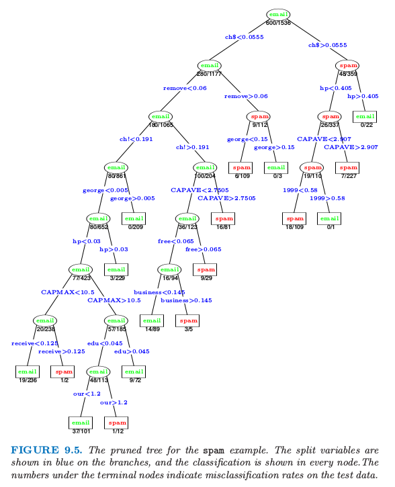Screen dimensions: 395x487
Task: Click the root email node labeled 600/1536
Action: click(278, 15)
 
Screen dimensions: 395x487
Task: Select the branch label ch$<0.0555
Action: click(245, 37)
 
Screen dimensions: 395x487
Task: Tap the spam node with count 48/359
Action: click(347, 66)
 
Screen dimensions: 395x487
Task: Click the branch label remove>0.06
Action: click(246, 96)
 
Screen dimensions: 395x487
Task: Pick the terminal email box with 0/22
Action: click(365, 117)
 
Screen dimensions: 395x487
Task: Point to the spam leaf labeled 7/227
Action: click(347, 168)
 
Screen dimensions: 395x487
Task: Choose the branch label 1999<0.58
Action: click(300, 190)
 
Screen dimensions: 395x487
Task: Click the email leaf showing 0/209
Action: click(134, 219)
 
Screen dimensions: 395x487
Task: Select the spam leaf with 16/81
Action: click(222, 219)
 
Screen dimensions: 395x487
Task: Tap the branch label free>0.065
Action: click(204, 249)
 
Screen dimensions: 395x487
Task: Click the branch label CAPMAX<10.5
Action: click(68, 292)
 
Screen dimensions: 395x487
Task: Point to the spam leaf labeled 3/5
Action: click(187, 321)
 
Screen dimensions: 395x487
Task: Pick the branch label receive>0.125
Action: click(62, 351)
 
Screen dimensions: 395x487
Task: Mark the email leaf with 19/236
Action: click(28, 371)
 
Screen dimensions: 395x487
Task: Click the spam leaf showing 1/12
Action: click(116, 423)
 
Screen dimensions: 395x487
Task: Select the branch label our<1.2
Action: click(87, 394)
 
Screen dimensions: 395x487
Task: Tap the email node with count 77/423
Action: click(81, 269)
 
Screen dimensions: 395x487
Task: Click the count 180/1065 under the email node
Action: click(161, 125)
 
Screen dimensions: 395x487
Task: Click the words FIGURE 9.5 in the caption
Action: click(46, 450)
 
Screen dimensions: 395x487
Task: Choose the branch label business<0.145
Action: click(159, 292)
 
